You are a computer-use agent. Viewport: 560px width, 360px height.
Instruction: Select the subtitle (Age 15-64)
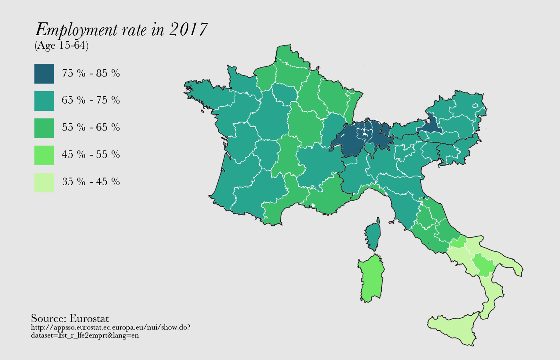point(62,46)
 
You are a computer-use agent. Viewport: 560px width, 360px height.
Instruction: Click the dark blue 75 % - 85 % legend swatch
point(44,74)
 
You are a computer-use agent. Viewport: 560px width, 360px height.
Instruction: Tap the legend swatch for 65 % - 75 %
point(44,101)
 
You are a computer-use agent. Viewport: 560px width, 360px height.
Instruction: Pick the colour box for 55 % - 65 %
point(44,128)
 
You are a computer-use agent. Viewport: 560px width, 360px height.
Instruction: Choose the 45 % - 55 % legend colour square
point(44,155)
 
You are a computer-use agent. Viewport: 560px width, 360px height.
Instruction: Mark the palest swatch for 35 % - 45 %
point(44,182)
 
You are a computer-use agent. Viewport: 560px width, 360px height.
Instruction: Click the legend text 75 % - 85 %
point(91,74)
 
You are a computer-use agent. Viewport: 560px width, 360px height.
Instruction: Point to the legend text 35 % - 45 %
point(91,182)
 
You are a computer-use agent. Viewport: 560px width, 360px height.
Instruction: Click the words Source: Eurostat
point(70,318)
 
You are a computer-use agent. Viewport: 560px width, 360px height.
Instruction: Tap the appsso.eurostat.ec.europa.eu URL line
point(110,328)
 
